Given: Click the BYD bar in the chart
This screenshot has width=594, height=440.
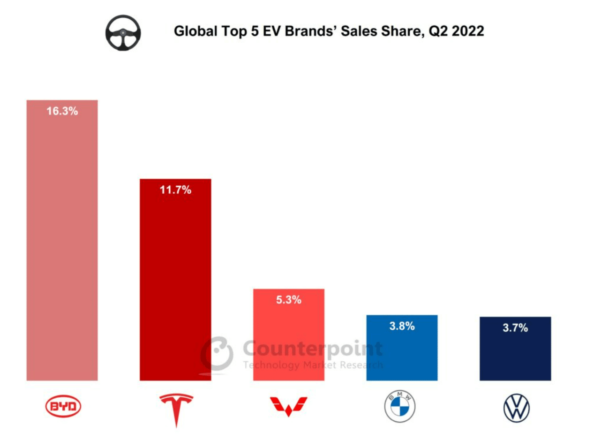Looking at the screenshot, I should point(62,244).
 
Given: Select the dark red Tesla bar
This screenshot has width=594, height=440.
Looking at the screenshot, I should point(175,281).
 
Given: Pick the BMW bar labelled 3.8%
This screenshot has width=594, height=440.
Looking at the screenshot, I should point(402,352).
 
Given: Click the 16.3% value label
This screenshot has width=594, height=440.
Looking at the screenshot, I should point(62,112).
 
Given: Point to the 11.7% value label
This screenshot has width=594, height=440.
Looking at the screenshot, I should point(175,190).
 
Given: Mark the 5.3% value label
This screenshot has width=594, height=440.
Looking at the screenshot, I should point(288,300).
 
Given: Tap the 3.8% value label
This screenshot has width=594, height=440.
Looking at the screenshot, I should point(402,326).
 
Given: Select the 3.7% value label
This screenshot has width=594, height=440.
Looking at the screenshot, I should point(515,328).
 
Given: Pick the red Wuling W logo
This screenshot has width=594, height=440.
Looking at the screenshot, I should point(289,406).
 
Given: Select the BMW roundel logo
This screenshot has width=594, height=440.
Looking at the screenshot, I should point(400,407).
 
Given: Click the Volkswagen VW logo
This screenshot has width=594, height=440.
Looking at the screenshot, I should point(516,408).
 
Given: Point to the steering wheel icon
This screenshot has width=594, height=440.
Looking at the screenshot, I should point(123,32).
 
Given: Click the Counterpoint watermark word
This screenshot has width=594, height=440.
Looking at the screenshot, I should point(313,349).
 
